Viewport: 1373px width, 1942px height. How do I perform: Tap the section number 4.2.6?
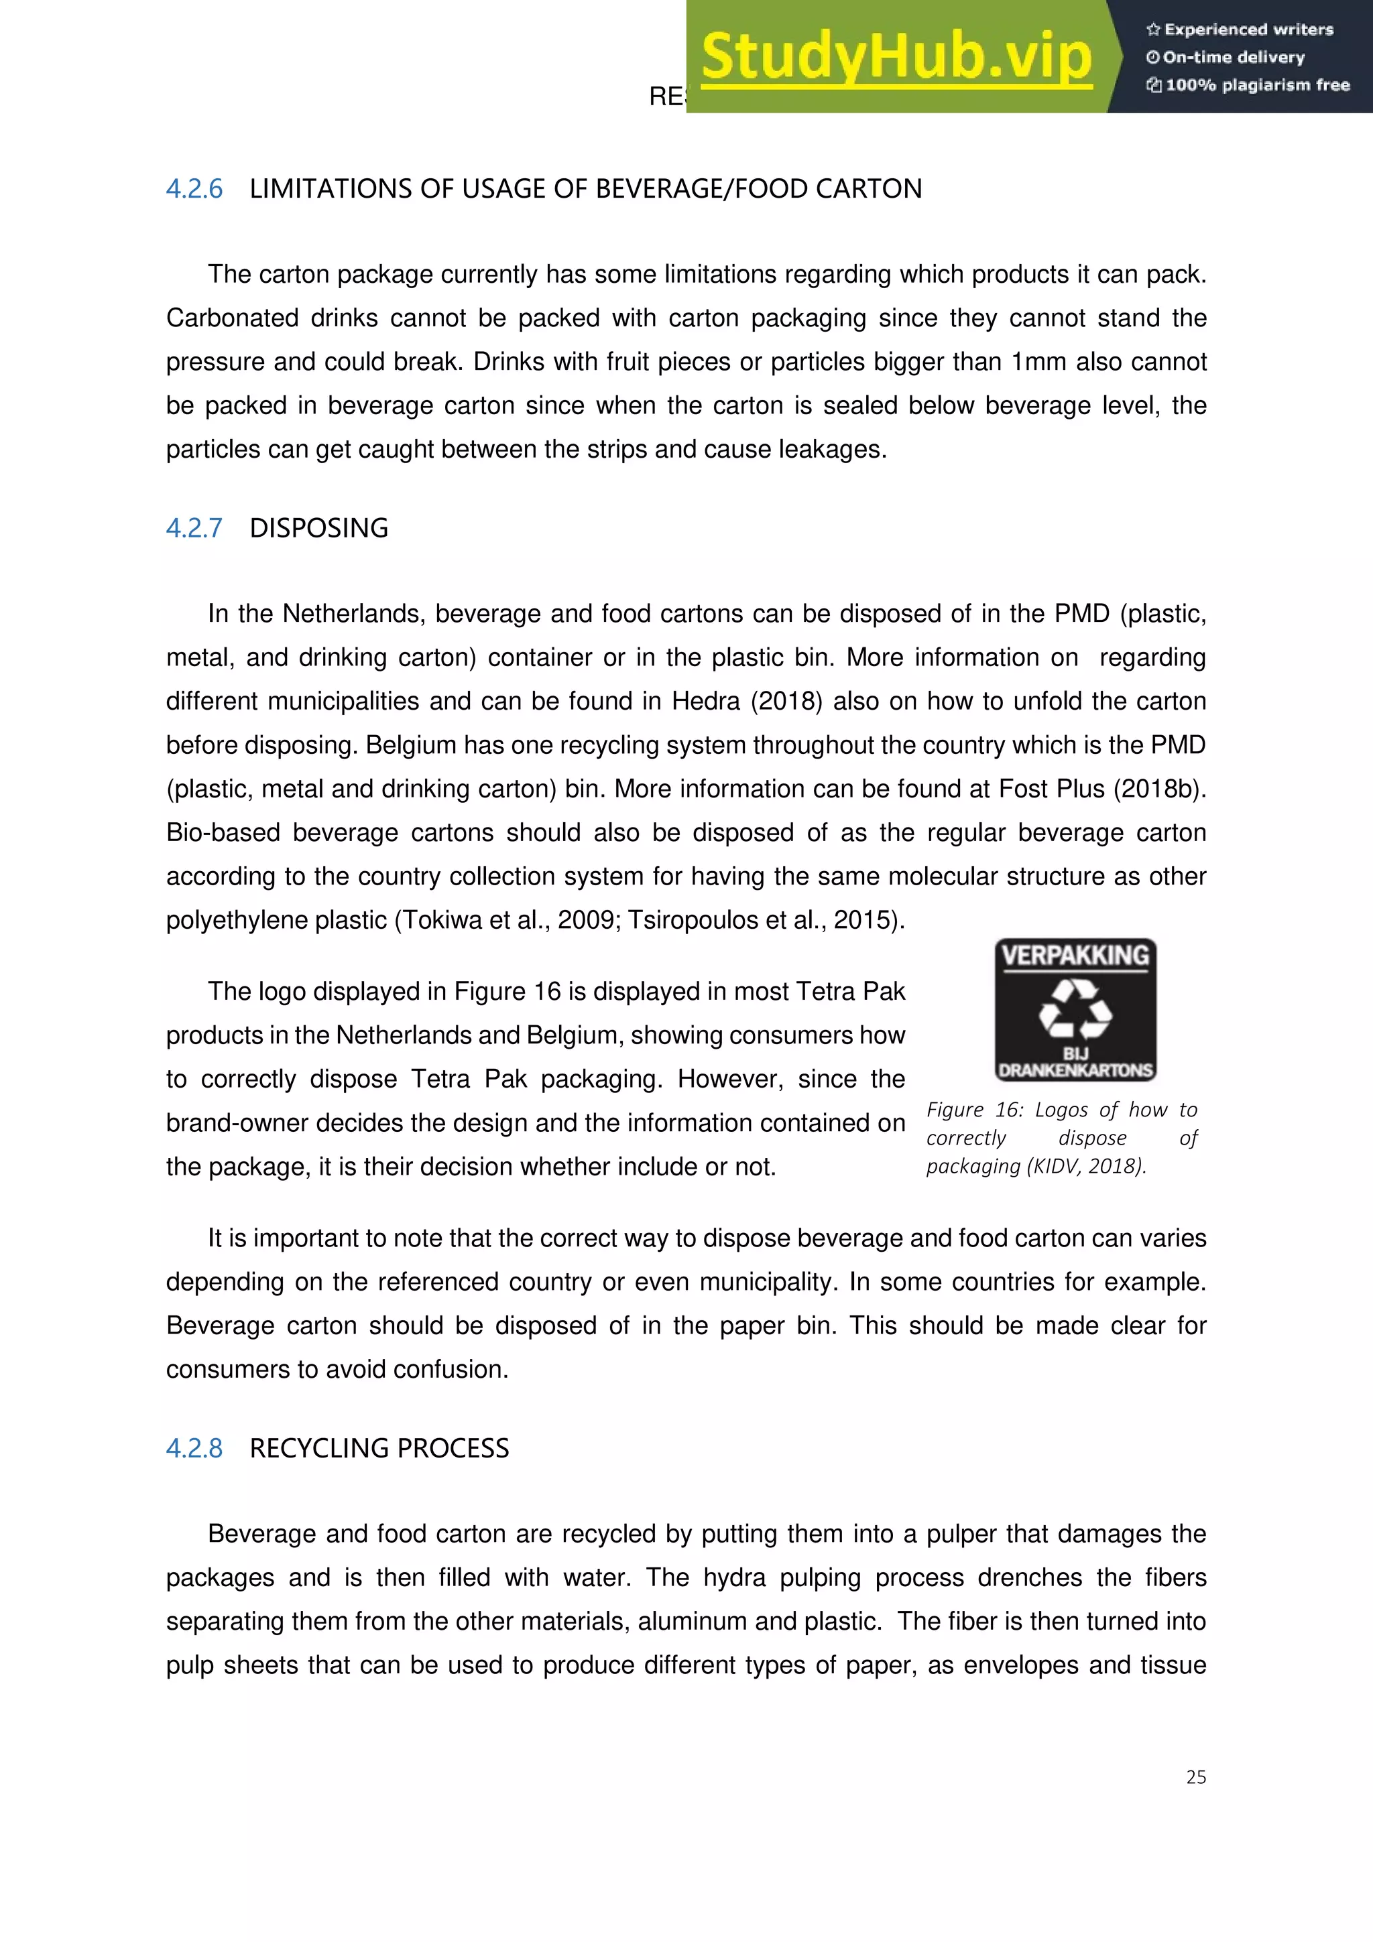194,188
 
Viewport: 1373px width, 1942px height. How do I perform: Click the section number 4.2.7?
194,528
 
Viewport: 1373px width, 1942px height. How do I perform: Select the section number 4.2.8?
194,1448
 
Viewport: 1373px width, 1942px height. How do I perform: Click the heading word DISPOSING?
319,528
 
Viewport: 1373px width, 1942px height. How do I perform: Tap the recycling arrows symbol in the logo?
1075,1009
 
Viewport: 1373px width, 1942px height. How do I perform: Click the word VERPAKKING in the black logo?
1075,956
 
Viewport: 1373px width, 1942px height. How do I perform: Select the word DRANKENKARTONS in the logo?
1075,1070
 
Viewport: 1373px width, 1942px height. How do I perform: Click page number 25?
1195,1777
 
